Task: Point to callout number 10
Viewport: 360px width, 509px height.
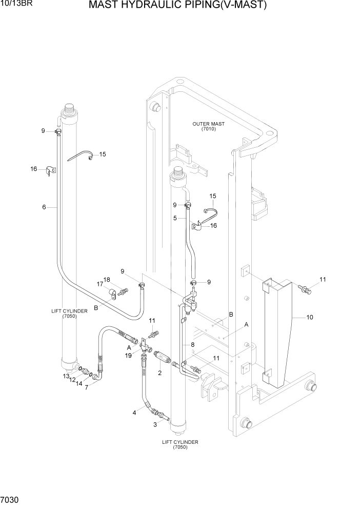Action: click(309, 317)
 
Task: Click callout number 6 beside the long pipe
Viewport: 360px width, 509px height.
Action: click(44, 207)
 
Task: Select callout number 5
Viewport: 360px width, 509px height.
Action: click(175, 218)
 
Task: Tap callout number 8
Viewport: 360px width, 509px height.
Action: click(192, 345)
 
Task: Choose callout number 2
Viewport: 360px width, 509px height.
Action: click(160, 373)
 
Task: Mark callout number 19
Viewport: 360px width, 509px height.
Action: click(129, 355)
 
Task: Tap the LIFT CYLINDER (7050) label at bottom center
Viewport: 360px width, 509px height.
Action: click(180, 444)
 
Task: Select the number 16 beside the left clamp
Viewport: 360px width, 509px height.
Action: click(34, 169)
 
